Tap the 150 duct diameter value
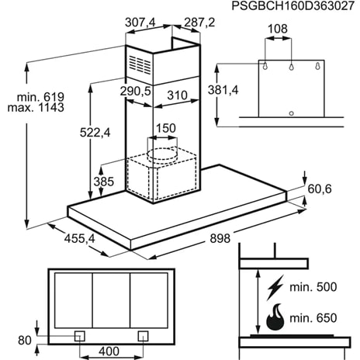pos(165,128)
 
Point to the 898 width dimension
pos(220,239)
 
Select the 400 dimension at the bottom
pos(109,351)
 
